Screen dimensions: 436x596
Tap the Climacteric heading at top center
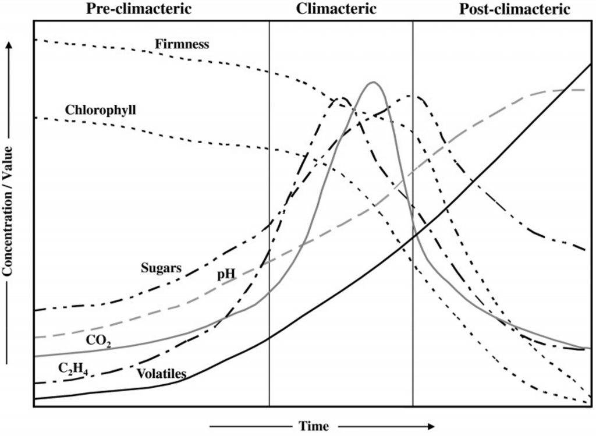(x=336, y=9)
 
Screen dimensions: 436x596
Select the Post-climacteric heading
(x=515, y=9)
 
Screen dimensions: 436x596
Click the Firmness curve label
(x=182, y=44)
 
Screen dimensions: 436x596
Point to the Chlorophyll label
(x=101, y=109)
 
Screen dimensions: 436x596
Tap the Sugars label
(x=161, y=268)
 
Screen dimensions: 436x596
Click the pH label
(x=226, y=274)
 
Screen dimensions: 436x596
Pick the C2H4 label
(x=73, y=368)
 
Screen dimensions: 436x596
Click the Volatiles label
(x=161, y=373)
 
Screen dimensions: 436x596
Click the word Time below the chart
(x=314, y=426)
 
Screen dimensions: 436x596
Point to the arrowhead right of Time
(x=432, y=426)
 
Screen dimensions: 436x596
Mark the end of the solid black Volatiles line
(x=590, y=64)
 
